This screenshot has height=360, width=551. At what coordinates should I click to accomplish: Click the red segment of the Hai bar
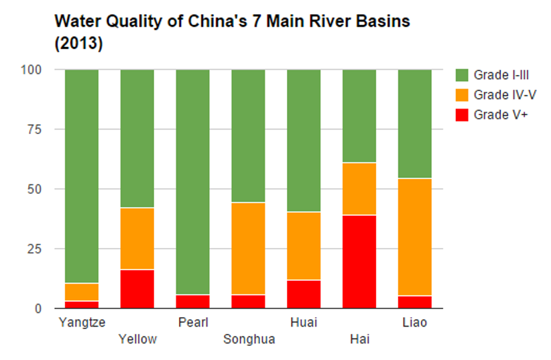pos(359,261)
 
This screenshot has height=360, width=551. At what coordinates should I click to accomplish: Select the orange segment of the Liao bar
pos(415,237)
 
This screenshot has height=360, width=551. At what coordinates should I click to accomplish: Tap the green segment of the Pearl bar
pos(192,181)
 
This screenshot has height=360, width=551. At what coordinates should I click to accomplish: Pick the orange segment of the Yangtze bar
pos(82,292)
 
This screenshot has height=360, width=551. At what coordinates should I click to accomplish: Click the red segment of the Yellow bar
pos(137,288)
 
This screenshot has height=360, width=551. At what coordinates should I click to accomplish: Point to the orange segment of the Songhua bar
pos(248,248)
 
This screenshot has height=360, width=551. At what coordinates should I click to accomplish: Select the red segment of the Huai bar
pos(304,294)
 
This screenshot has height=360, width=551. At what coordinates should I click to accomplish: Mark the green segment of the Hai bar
pos(359,115)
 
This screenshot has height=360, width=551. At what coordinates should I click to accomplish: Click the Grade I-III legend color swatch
pos(462,74)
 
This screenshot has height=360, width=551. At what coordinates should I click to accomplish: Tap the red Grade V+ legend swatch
pos(462,115)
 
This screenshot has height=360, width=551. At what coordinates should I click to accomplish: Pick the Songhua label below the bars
pos(249,339)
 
